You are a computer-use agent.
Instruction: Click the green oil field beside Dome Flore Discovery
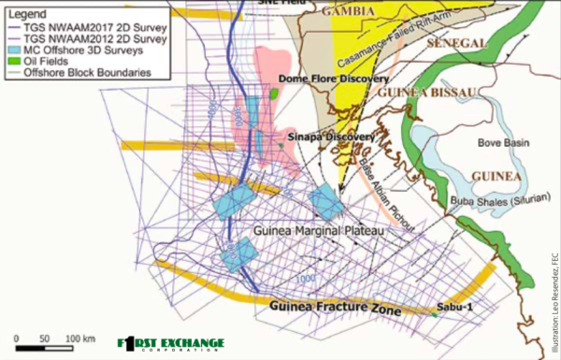pyautogui.click(x=274, y=94)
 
